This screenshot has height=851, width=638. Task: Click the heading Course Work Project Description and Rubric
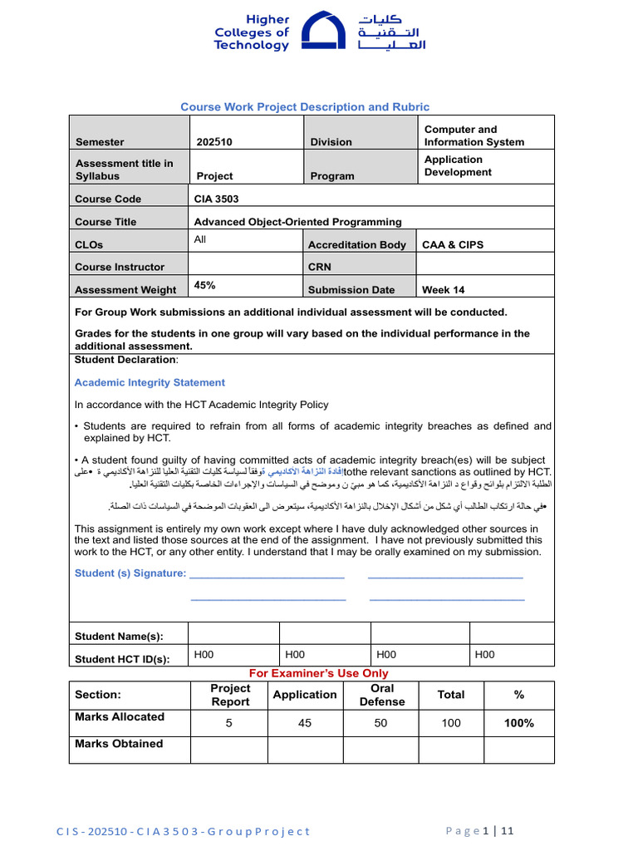click(x=305, y=106)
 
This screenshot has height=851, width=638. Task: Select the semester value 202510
click(x=214, y=142)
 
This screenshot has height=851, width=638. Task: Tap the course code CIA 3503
click(x=216, y=199)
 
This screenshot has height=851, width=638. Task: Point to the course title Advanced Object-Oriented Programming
click(x=297, y=222)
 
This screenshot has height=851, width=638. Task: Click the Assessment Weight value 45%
click(x=204, y=285)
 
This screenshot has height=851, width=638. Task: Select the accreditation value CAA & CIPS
click(x=453, y=244)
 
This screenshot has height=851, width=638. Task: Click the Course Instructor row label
click(x=120, y=267)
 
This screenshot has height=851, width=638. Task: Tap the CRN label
click(x=320, y=267)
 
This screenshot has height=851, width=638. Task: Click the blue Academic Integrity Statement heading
click(x=150, y=382)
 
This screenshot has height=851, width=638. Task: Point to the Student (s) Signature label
click(x=130, y=573)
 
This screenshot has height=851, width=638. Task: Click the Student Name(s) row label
click(x=119, y=637)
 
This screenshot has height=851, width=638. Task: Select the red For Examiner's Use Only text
click(x=319, y=673)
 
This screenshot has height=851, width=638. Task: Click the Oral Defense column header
click(x=382, y=695)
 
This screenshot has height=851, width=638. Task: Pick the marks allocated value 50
click(x=380, y=723)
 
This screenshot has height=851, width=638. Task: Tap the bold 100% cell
click(x=518, y=723)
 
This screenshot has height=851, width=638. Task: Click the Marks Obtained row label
click(x=119, y=744)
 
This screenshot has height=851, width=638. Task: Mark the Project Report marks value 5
click(x=228, y=723)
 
